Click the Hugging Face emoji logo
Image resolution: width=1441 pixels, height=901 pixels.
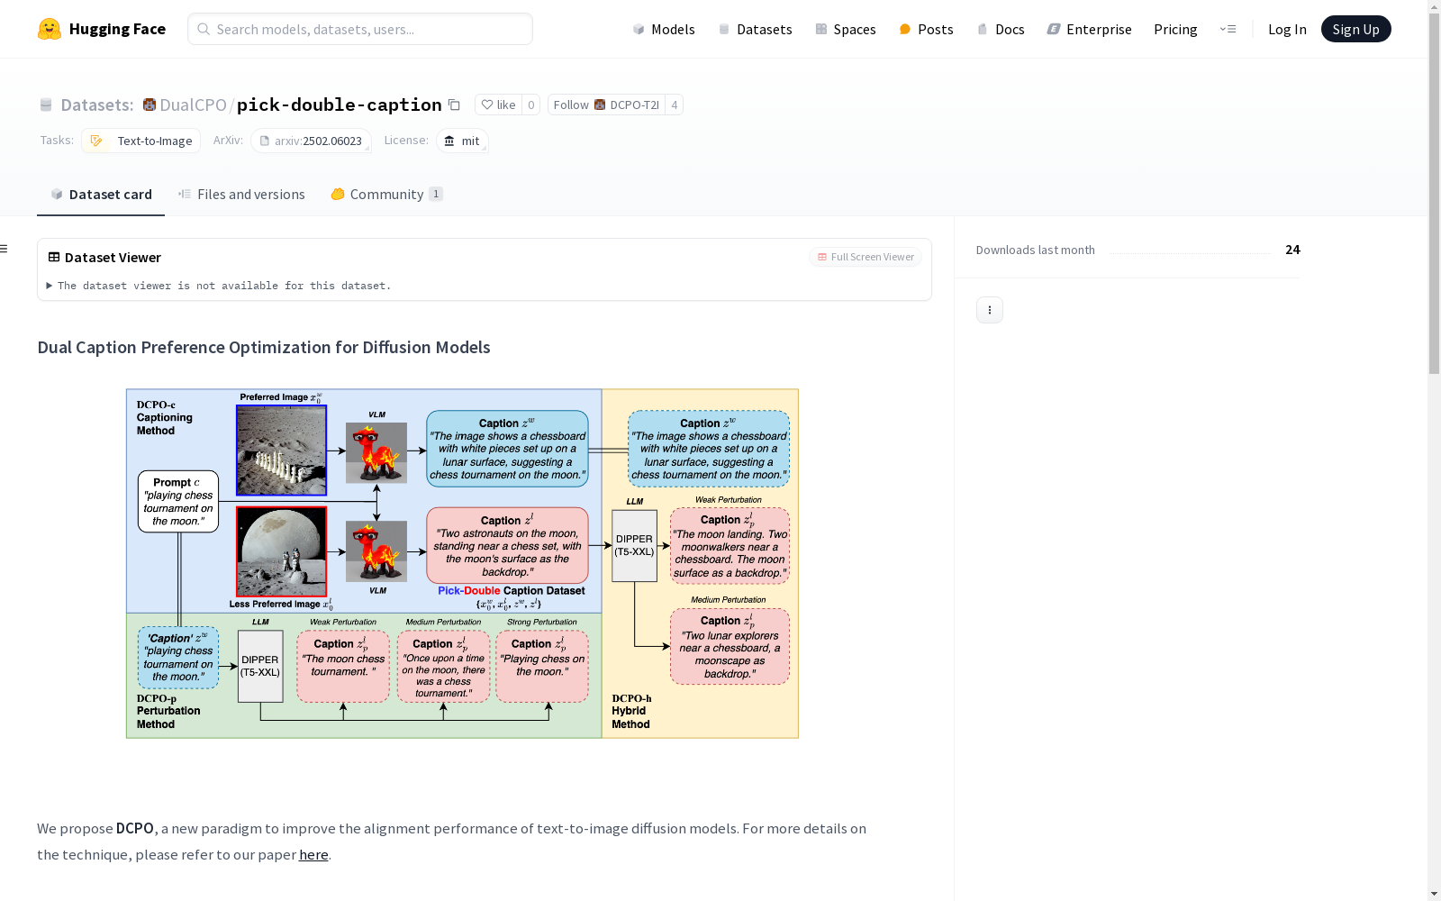tap(49, 29)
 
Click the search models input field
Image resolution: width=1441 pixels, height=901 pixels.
tap(360, 29)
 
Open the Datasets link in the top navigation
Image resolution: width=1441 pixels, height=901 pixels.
tap(756, 29)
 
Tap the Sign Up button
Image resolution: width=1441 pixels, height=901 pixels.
tap(1355, 29)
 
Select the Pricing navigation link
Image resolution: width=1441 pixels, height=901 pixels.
tap(1175, 29)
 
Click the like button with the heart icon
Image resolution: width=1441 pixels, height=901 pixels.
tap(499, 105)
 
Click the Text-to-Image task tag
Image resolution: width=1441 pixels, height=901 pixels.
tap(140, 141)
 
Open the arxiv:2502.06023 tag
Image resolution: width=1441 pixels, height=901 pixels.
tap(312, 141)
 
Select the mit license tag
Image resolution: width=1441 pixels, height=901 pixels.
tap(463, 141)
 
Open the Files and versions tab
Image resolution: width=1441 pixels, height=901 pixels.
tap(242, 195)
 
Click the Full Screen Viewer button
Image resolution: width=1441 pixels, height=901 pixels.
tap(866, 257)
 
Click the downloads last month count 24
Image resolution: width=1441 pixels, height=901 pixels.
tap(1292, 250)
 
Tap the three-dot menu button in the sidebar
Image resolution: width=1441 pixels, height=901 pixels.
tap(990, 310)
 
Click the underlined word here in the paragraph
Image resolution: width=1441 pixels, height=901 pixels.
tap(313, 855)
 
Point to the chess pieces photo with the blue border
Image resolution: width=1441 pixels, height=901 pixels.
tap(281, 450)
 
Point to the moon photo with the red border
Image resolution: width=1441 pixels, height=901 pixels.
tap(281, 551)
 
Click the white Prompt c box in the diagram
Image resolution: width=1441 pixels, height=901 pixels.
tap(178, 501)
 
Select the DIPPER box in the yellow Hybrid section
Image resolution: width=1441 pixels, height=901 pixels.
tap(634, 546)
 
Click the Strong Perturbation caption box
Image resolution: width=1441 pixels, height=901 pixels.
tap(541, 666)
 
